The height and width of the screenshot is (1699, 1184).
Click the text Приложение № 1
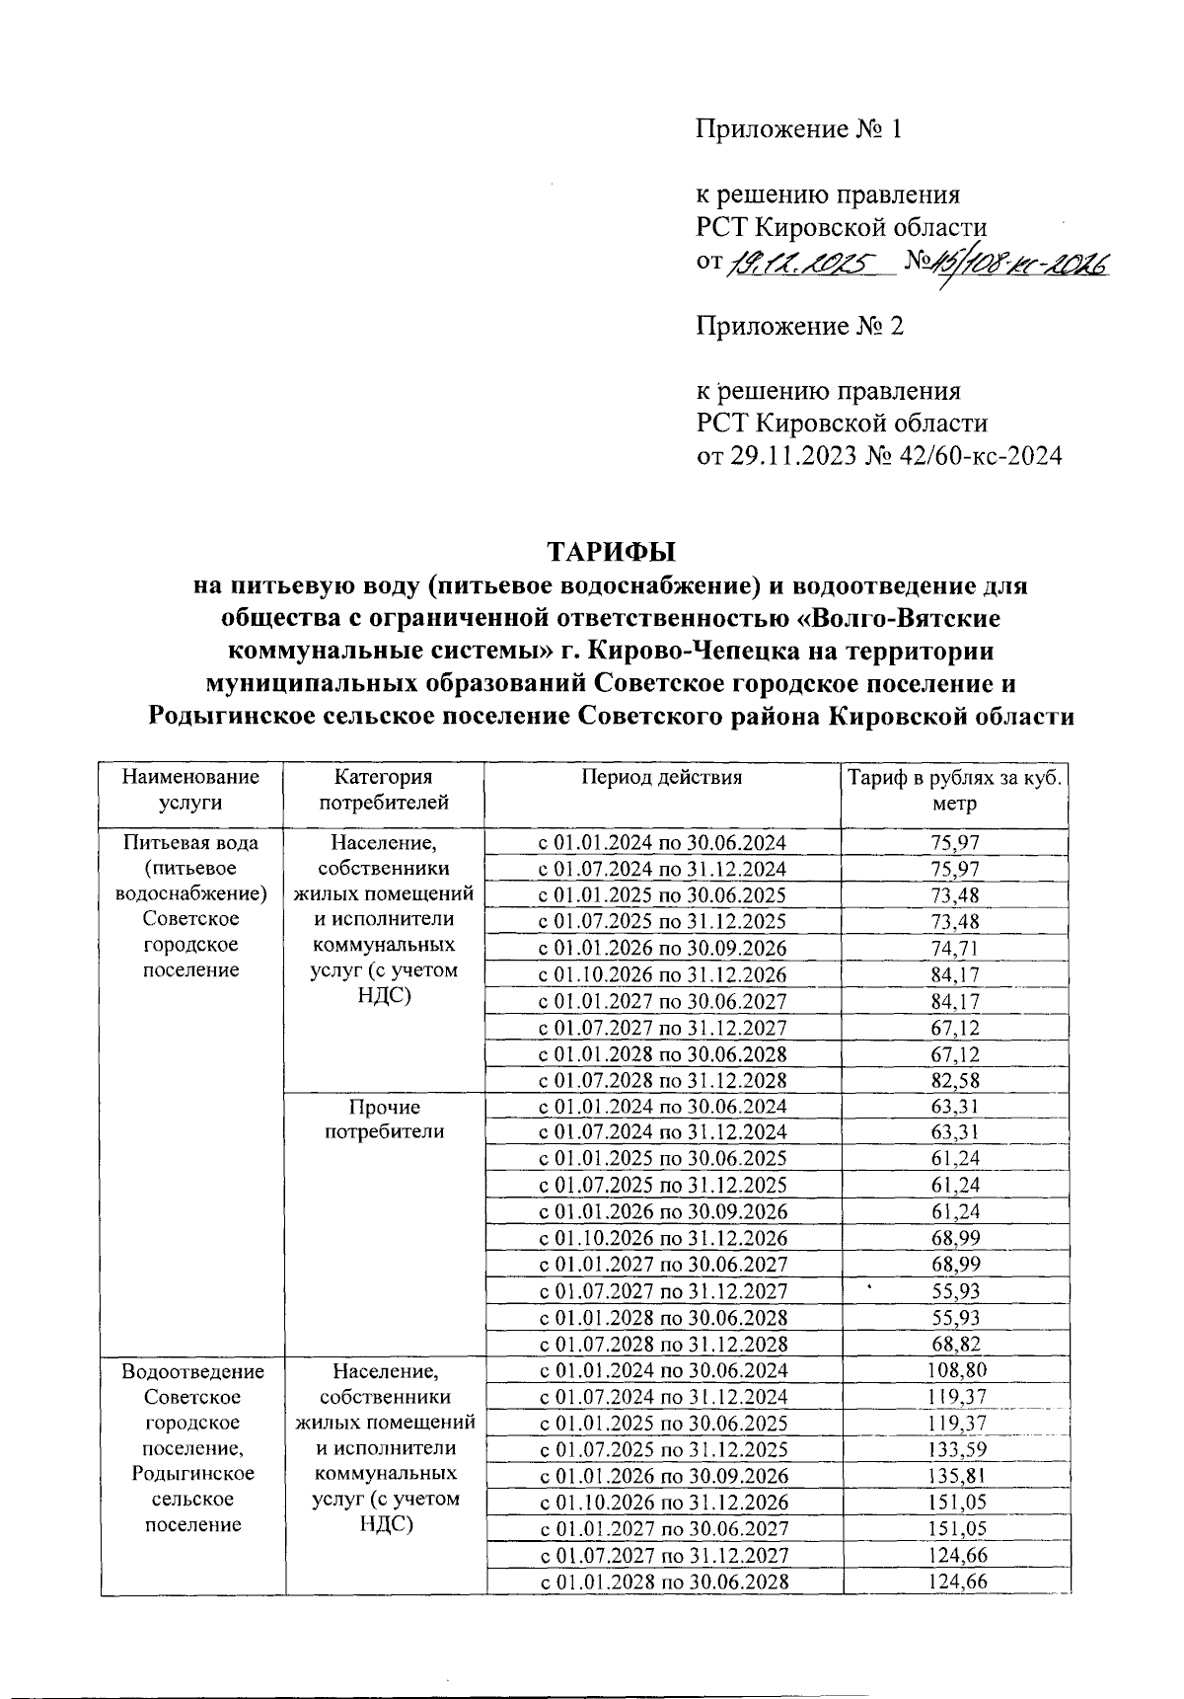click(x=799, y=129)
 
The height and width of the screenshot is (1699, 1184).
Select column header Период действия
click(x=661, y=777)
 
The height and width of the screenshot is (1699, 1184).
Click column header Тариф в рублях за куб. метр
click(x=955, y=790)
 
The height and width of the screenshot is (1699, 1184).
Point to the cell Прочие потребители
click(x=385, y=1120)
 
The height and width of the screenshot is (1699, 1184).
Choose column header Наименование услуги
click(x=190, y=790)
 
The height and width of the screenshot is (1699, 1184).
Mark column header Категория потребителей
click(x=385, y=790)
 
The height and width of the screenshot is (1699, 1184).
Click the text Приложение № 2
click(x=799, y=326)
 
